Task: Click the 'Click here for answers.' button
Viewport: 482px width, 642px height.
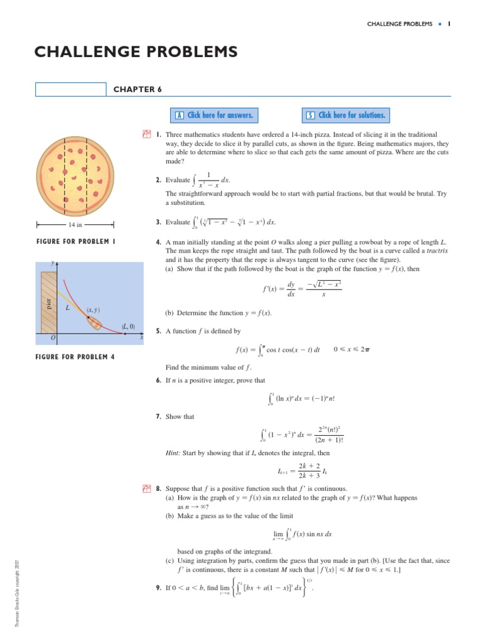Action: coord(213,115)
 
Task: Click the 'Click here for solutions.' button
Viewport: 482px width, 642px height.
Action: coord(345,115)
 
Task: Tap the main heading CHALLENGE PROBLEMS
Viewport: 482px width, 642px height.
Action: coord(136,51)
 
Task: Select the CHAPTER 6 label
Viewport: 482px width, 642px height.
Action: coord(137,90)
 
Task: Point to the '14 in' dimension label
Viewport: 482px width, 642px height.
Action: coord(75,224)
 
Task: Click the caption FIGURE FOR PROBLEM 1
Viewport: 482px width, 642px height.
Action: coord(75,242)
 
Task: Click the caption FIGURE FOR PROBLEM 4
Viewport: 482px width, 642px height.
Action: coord(75,357)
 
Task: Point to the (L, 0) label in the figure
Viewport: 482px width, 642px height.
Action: coord(129,326)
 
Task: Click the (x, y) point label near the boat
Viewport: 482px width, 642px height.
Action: coord(93,310)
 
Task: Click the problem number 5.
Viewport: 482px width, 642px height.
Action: coord(159,331)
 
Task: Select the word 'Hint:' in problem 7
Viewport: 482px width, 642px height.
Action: coord(173,453)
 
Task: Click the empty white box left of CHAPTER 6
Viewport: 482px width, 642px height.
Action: coord(70,90)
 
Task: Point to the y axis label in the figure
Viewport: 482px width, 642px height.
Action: coord(52,264)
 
